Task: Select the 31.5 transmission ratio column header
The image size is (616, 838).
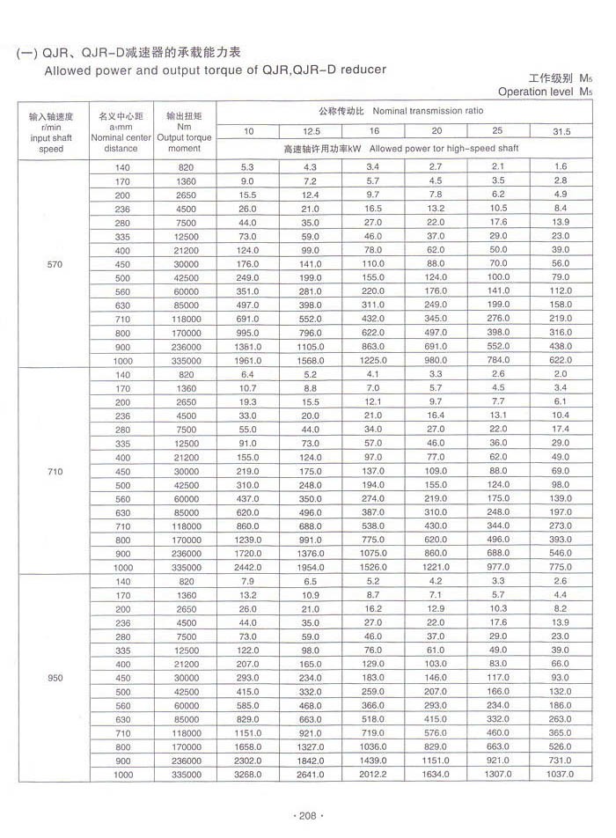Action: pyautogui.click(x=561, y=131)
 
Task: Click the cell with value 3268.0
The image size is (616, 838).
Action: pyautogui.click(x=248, y=775)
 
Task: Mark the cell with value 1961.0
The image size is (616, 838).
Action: pyautogui.click(x=248, y=361)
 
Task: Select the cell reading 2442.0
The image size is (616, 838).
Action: pyautogui.click(x=248, y=568)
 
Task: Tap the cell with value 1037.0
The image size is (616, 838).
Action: pyautogui.click(x=560, y=775)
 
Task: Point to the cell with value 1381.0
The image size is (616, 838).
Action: pyautogui.click(x=248, y=347)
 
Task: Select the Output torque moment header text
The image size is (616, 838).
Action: pyautogui.click(x=184, y=143)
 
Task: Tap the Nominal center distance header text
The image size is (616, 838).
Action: pyautogui.click(x=121, y=143)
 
